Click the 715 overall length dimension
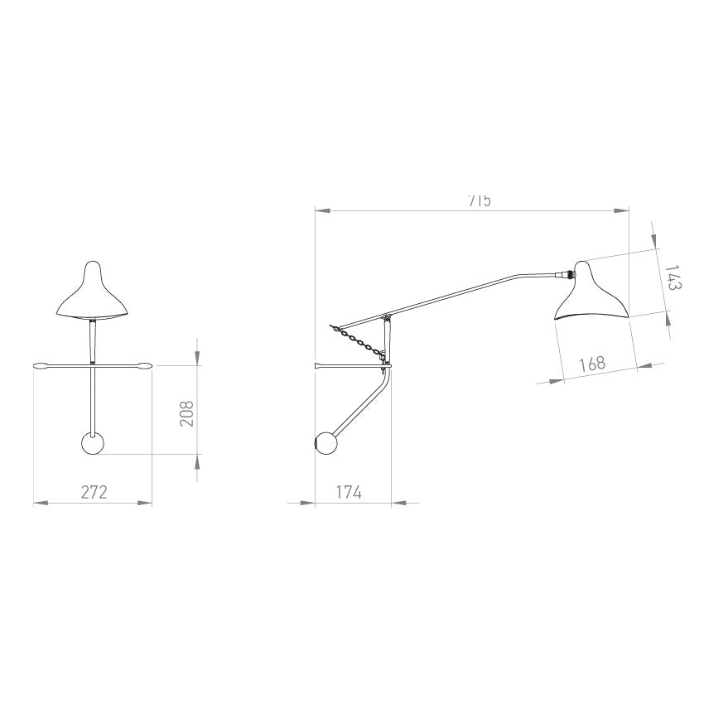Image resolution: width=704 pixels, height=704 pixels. click(x=479, y=200)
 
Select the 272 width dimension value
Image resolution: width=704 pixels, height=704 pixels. click(x=94, y=491)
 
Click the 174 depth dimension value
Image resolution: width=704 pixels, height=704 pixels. click(x=349, y=491)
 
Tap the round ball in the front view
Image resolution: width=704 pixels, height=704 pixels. click(x=93, y=443)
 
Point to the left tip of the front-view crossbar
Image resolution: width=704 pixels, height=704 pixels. click(x=38, y=365)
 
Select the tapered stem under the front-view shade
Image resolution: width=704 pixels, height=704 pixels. click(x=93, y=340)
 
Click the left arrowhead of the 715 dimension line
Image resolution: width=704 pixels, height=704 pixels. click(x=320, y=211)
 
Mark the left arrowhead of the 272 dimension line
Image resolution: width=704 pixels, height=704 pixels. click(x=38, y=502)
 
